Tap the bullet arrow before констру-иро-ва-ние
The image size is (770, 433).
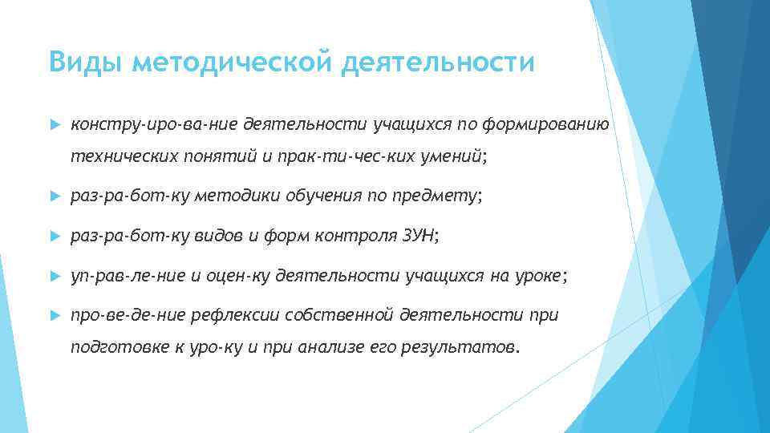(55, 125)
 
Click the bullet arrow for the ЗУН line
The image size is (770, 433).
(55, 237)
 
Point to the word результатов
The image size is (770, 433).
(469, 349)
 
